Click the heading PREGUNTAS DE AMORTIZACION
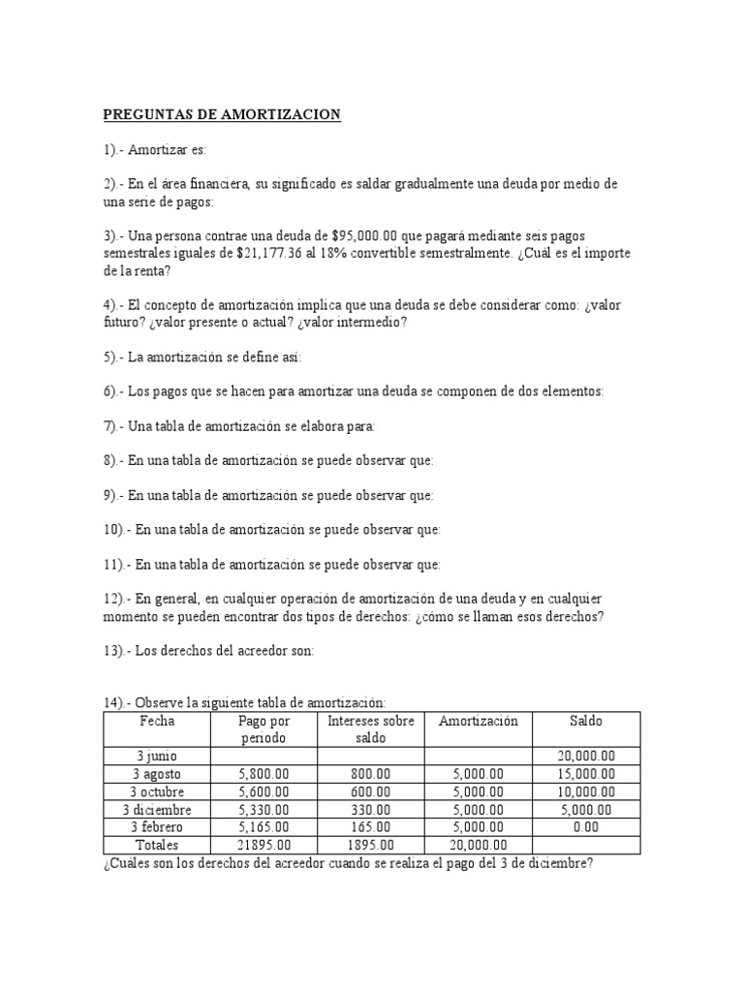(222, 115)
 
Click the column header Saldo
(586, 722)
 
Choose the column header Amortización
(479, 722)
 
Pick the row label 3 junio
(157, 757)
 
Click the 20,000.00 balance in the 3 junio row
(586, 757)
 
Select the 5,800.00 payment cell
(263, 774)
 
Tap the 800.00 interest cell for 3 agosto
(371, 774)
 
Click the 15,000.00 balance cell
(586, 774)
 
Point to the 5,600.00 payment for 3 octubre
(263, 791)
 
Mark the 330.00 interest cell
(371, 809)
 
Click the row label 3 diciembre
(157, 809)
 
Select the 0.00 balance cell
(586, 826)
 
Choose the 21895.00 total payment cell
(263, 845)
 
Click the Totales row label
(157, 845)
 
